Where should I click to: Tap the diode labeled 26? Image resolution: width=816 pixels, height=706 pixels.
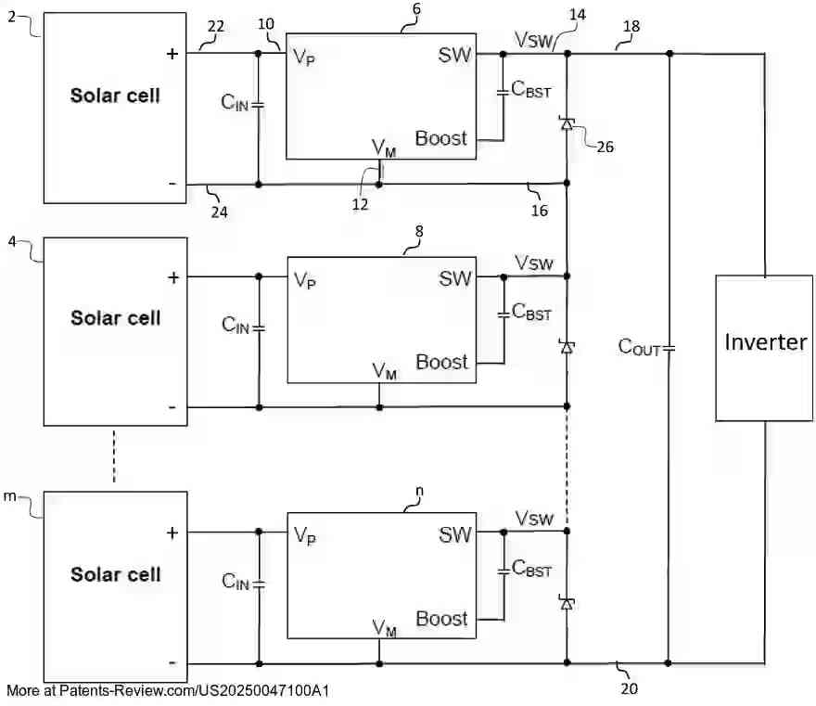coord(567,122)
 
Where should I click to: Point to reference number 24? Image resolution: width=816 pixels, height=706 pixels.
coord(220,211)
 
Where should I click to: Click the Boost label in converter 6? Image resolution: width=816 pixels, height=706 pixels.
coord(441,138)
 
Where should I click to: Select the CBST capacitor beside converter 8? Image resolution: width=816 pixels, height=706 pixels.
coord(503,314)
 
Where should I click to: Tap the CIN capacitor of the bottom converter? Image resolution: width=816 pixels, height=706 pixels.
coord(259,584)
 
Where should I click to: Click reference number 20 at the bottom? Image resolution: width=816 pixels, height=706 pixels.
coord(629,688)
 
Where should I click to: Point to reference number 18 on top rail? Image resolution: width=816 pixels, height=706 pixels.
coord(631,27)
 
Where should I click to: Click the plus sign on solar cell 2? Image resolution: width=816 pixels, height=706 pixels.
coord(172,54)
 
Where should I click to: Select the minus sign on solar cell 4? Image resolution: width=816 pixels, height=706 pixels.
coord(172,406)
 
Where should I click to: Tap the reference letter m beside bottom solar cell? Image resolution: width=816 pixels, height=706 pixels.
coord(10,497)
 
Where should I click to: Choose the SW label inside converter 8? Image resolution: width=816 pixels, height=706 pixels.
coord(455,277)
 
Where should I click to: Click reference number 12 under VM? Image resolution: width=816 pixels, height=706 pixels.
coord(359,204)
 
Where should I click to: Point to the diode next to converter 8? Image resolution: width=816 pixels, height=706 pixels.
coord(567,346)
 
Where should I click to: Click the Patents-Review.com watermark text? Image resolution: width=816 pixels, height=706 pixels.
coord(168,691)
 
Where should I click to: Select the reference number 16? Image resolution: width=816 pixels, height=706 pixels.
coord(539,211)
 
